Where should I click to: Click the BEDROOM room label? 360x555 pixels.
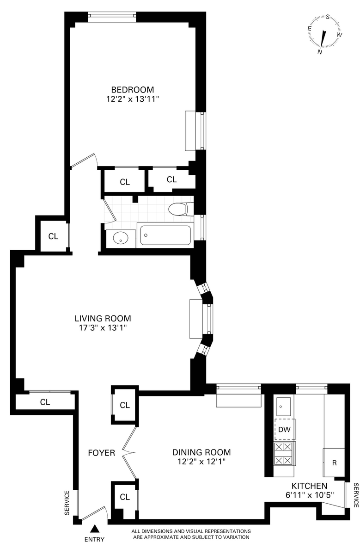(133, 89)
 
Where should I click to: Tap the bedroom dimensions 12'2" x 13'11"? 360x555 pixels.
(133, 99)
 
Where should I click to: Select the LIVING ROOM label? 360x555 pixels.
(103, 318)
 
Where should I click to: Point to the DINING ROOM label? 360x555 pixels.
(201, 452)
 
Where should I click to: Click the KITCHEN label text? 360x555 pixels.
(309, 486)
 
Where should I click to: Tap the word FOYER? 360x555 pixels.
(102, 453)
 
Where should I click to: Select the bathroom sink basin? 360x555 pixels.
(121, 238)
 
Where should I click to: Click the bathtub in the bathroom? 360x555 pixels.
(165, 235)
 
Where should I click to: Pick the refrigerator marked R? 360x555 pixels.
(334, 462)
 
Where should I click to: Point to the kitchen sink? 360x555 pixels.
(284, 407)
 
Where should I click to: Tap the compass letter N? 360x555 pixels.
(320, 52)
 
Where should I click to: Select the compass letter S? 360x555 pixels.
(328, 17)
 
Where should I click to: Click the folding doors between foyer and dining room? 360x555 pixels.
(129, 453)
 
